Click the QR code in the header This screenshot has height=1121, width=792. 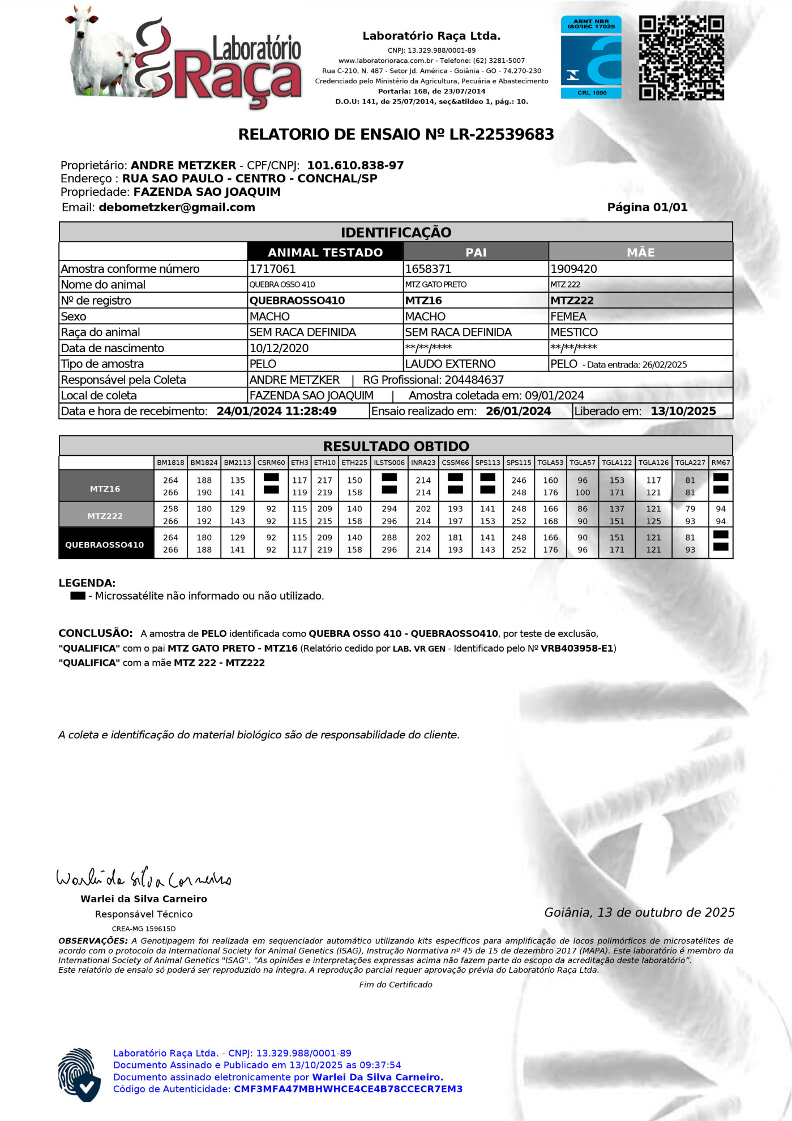[681, 58]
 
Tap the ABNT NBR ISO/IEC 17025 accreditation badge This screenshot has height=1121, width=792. [591, 57]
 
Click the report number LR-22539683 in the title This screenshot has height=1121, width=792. [502, 135]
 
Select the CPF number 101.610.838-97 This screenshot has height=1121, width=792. [356, 165]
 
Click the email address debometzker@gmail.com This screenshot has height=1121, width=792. [177, 207]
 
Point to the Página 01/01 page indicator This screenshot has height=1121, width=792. [647, 207]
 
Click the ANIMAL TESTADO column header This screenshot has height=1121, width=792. [325, 252]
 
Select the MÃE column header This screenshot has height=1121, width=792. [640, 252]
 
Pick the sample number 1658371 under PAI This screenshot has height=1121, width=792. [428, 269]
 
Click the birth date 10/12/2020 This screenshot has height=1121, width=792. [279, 348]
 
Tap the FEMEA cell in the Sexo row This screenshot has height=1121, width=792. [568, 316]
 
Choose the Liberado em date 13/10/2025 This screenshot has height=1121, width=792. [683, 411]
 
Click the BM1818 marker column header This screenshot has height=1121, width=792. [170, 463]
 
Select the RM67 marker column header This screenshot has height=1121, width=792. [721, 463]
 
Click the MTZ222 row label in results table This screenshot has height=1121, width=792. [105, 516]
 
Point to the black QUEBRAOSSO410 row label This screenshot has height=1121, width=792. [105, 545]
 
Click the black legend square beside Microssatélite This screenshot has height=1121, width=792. [78, 596]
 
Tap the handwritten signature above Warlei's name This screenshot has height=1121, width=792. [144, 878]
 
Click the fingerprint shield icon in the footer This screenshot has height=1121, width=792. [79, 1075]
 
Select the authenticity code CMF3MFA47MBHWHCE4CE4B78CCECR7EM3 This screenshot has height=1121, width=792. [348, 1089]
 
